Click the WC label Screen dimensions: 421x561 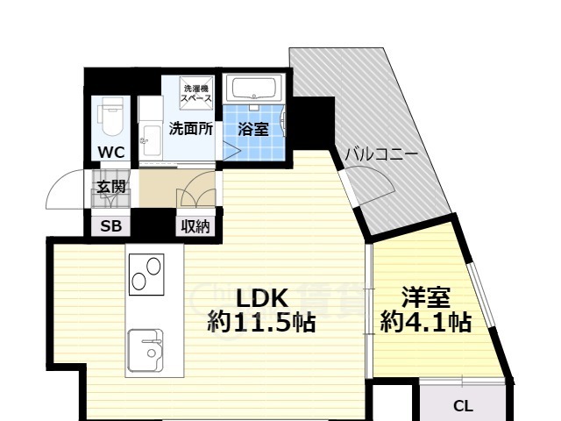pos(111,152)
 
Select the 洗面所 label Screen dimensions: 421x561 pos(190,128)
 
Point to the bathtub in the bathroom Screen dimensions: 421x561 pos(252,89)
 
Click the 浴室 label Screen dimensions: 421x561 pos(253,129)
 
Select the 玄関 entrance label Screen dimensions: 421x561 pos(111,186)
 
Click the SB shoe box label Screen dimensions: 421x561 pos(111,226)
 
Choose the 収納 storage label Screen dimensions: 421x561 pos(195,226)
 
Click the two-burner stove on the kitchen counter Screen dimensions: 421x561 pos(146,272)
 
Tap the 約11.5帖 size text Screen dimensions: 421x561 pos(261,323)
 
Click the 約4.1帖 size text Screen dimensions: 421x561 pos(425,323)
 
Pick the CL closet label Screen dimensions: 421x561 pos(463,406)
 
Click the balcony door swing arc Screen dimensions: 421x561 pos(373,187)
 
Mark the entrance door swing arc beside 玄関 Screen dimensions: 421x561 pos(66,187)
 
